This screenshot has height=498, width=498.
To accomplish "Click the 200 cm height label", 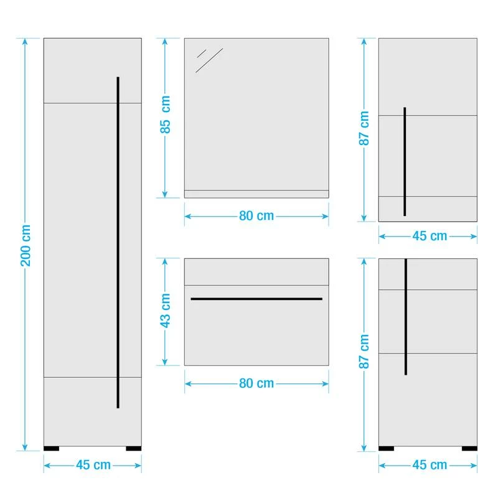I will point(26,245).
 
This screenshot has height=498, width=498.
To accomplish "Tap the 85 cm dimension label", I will point(165,117).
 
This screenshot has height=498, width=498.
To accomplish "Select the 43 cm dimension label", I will point(165,311).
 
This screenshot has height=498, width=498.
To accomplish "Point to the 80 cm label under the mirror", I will point(256,216).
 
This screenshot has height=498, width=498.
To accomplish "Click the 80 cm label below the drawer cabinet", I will point(256,383).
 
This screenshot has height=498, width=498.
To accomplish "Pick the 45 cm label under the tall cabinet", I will point(93,465).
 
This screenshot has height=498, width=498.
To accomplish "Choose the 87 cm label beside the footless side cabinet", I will point(365,129).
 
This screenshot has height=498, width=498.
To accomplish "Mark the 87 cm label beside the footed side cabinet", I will point(365,352).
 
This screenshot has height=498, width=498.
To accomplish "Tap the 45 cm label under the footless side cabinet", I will point(430,236).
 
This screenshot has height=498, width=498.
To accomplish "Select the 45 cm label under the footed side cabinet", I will point(430,465).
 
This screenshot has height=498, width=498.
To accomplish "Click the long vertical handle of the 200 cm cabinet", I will point(118,243).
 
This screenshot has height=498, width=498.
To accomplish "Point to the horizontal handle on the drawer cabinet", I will point(256,299).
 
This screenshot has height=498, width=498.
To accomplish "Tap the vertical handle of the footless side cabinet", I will point(405,162).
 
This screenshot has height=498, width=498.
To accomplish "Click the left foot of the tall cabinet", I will point(52,448).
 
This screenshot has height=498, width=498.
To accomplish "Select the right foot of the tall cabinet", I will point(134,448).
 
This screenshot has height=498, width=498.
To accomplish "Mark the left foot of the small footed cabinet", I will point(387,448).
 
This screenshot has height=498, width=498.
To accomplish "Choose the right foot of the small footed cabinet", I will point(469,448).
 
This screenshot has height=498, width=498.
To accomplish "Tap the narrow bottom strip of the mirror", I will point(256,194).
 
